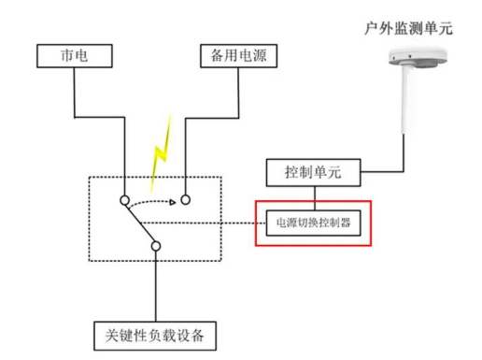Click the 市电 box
pyautogui.click(x=73, y=55)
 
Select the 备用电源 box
pyautogui.click(x=234, y=55)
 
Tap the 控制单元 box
pyautogui.click(x=313, y=173)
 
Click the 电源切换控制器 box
pyautogui.click(x=314, y=223)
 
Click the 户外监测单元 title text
pyautogui.click(x=408, y=28)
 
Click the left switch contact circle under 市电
pyautogui.click(x=124, y=200)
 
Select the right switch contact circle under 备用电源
pyautogui.click(x=185, y=199)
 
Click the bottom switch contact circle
pyautogui.click(x=155, y=247)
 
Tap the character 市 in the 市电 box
pyautogui.click(x=65, y=55)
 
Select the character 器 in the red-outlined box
pyautogui.click(x=349, y=223)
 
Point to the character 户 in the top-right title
pyautogui.click(x=371, y=28)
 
